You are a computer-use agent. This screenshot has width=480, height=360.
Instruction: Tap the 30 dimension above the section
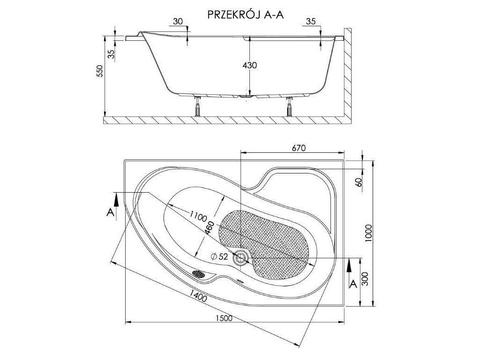point(177,21)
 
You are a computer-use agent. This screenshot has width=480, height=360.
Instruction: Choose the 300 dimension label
point(368,281)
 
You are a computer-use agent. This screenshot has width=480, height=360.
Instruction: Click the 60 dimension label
point(359,182)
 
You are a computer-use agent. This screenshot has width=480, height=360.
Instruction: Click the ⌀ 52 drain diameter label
point(219,256)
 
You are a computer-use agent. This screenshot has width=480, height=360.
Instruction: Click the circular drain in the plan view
point(242,257)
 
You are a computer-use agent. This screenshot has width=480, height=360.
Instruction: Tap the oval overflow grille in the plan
point(199,273)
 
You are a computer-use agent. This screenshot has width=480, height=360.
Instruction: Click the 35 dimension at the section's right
point(310,21)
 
